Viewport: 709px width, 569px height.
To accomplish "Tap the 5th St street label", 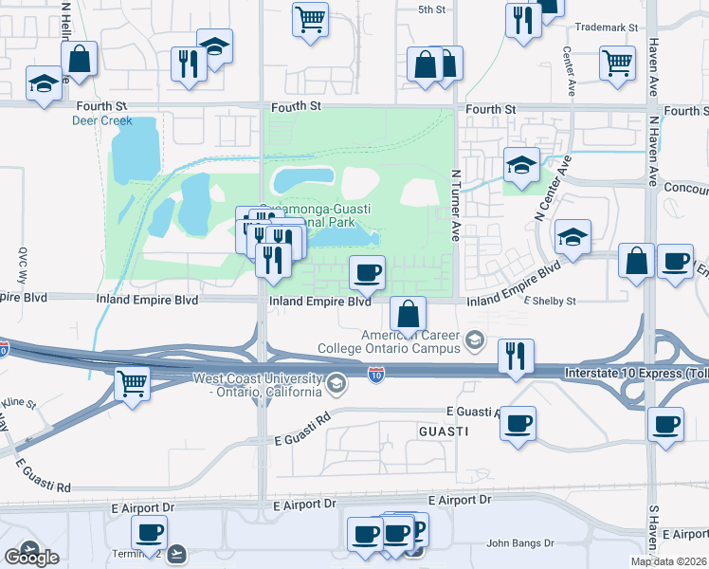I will coord(431,9).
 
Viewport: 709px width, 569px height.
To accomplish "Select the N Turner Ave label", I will coord(456,205).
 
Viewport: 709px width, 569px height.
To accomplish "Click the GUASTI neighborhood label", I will coord(443,431).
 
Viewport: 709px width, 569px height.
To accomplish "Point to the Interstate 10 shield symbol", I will coord(376,376).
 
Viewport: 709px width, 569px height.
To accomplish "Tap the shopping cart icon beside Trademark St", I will coord(617,63).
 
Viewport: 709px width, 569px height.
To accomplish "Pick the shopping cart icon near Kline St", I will coord(132,383).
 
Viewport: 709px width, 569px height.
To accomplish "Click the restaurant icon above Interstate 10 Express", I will coord(516,356).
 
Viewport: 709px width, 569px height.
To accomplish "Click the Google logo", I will coord(31,558).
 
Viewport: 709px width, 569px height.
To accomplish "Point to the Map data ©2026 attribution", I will coord(669,561).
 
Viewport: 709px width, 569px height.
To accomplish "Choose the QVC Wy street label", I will coord(24,266).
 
